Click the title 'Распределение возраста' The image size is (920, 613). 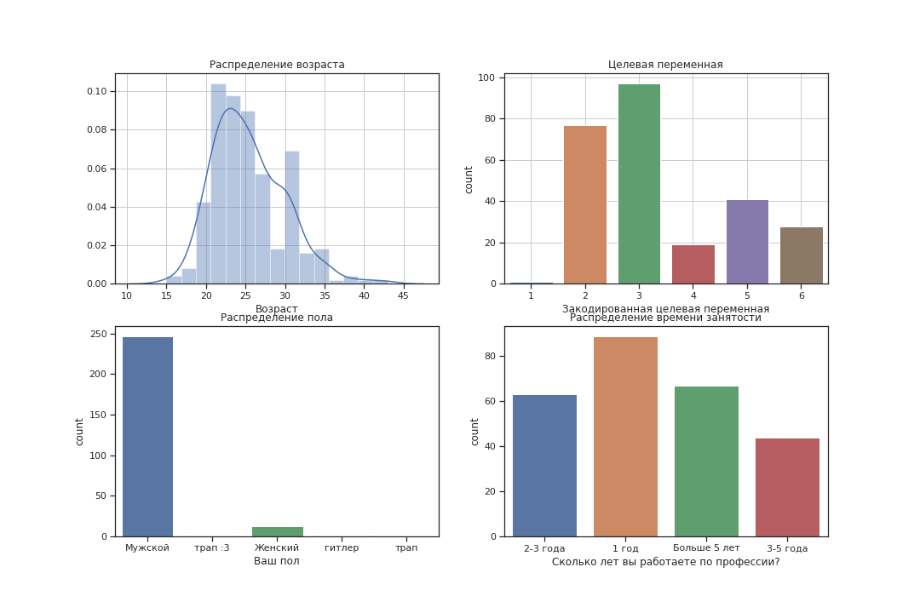(277, 65)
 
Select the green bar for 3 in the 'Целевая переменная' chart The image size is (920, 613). (639, 184)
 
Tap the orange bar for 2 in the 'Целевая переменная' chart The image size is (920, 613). (584, 204)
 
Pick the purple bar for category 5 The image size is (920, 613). (747, 242)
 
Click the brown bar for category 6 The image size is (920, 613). (801, 255)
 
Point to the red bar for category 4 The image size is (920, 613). (693, 265)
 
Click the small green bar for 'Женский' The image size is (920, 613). (277, 531)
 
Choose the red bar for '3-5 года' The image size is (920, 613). (787, 487)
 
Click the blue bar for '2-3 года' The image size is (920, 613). (544, 466)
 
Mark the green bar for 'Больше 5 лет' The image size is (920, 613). (706, 461)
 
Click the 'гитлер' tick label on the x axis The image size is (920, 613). (342, 547)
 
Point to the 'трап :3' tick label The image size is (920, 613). (212, 547)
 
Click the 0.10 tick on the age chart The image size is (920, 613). (95, 91)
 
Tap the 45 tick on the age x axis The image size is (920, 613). (403, 295)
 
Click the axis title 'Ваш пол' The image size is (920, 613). (277, 561)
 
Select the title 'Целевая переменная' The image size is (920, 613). (665, 65)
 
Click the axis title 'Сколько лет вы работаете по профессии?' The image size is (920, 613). (665, 562)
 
